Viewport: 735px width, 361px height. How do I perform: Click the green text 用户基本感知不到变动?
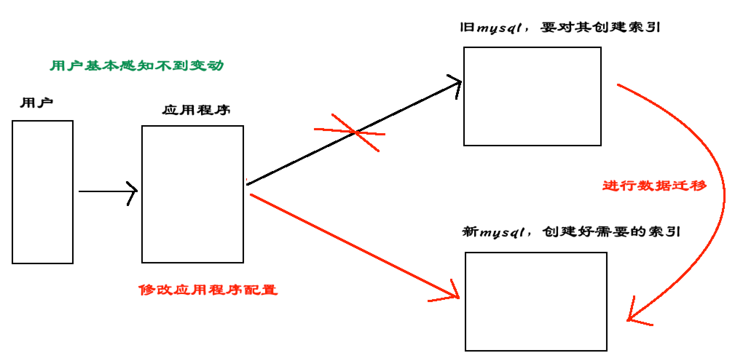click(137, 66)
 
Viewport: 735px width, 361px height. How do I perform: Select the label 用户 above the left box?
click(36, 103)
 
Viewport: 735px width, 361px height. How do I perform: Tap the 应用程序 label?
click(196, 110)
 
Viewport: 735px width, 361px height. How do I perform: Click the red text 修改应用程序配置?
click(208, 290)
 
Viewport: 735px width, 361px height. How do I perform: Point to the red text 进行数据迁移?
click(655, 186)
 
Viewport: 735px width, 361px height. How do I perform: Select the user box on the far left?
click(43, 192)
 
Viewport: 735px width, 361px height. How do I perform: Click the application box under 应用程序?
click(192, 194)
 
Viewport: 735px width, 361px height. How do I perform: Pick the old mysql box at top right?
click(532, 96)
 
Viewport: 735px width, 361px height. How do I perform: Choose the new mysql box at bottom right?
click(536, 301)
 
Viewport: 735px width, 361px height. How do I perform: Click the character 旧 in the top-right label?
click(467, 28)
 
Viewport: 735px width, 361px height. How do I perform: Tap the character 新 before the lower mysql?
click(470, 231)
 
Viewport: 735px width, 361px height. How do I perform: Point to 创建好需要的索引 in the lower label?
click(611, 231)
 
